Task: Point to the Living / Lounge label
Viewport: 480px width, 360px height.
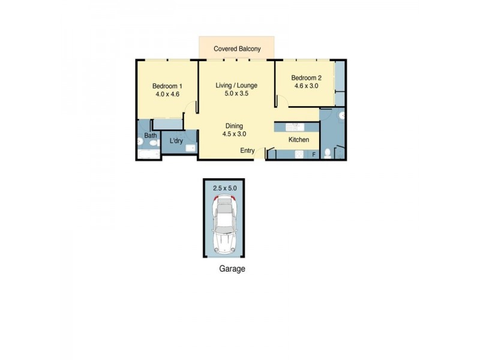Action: coord(236,85)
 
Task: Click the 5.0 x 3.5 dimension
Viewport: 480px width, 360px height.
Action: coord(236,94)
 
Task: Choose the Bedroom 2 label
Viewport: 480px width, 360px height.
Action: coord(307,77)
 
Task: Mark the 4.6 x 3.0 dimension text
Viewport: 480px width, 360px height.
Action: coord(307,86)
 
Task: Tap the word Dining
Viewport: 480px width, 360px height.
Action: coord(234,126)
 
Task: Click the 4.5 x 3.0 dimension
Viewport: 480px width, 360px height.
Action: coord(234,134)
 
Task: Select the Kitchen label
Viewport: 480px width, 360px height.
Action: coord(299,140)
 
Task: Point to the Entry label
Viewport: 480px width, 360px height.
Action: coord(248,150)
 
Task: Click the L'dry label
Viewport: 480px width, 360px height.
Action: coord(176,141)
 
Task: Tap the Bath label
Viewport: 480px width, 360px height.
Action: coord(150,136)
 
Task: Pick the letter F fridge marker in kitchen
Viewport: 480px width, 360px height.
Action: coord(313,155)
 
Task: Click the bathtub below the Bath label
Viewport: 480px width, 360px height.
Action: coord(149,154)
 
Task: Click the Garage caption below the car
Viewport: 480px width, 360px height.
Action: coord(232,269)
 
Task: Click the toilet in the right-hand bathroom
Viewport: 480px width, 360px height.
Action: coord(328,154)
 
